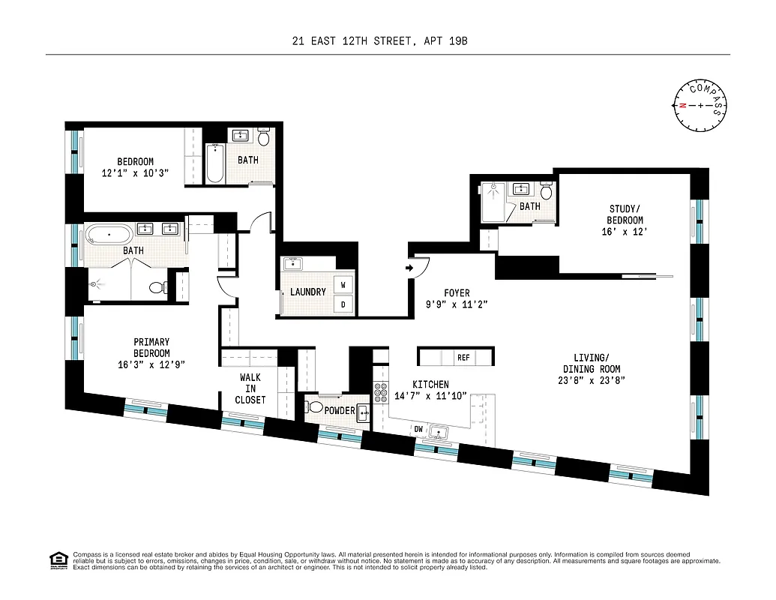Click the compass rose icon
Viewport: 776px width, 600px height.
(x=701, y=105)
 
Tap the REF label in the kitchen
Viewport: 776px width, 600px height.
(x=463, y=358)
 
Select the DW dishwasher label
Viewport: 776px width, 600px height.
(x=420, y=429)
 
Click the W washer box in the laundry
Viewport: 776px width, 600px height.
(x=343, y=285)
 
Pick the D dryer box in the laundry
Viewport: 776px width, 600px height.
(x=343, y=304)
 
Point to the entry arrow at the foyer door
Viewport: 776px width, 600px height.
(x=410, y=267)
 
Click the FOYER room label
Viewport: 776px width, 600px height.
(x=457, y=293)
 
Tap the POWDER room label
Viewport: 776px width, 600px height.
(x=340, y=411)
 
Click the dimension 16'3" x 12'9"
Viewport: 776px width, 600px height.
(x=151, y=364)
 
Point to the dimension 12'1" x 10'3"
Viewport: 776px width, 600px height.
(x=135, y=172)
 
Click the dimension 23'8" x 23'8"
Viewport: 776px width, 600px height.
(x=592, y=379)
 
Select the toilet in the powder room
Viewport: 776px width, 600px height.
(x=316, y=408)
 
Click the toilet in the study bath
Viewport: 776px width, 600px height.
(x=546, y=192)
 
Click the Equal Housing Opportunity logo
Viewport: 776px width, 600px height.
(x=56, y=559)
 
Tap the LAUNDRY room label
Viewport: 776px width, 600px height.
(x=308, y=292)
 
